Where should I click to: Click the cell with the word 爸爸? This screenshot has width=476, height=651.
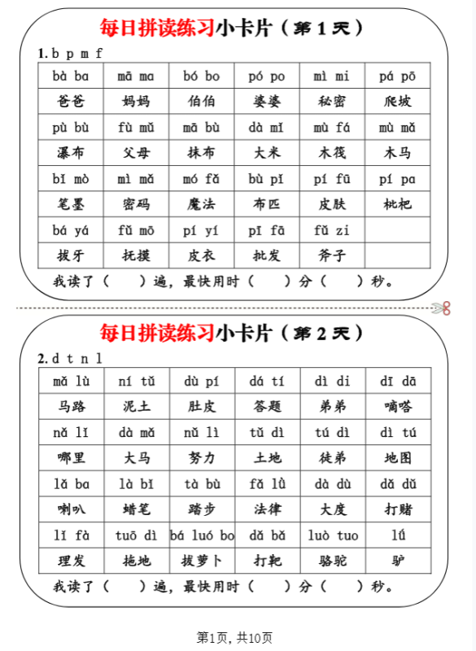tap(70, 102)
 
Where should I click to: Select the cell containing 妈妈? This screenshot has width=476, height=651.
tap(136, 102)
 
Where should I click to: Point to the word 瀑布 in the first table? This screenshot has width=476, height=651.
tap(70, 153)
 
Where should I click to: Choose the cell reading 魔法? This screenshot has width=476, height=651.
tap(201, 204)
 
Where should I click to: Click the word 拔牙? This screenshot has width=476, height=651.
tap(70, 256)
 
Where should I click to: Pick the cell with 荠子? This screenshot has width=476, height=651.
tap(332, 256)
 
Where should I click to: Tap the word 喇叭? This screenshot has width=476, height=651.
tap(72, 509)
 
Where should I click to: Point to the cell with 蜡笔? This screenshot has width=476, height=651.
tap(136, 509)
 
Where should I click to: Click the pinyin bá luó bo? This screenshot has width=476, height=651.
tap(202, 536)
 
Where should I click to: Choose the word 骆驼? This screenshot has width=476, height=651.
tap(333, 561)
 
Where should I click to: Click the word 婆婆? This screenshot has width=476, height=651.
tap(267, 102)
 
